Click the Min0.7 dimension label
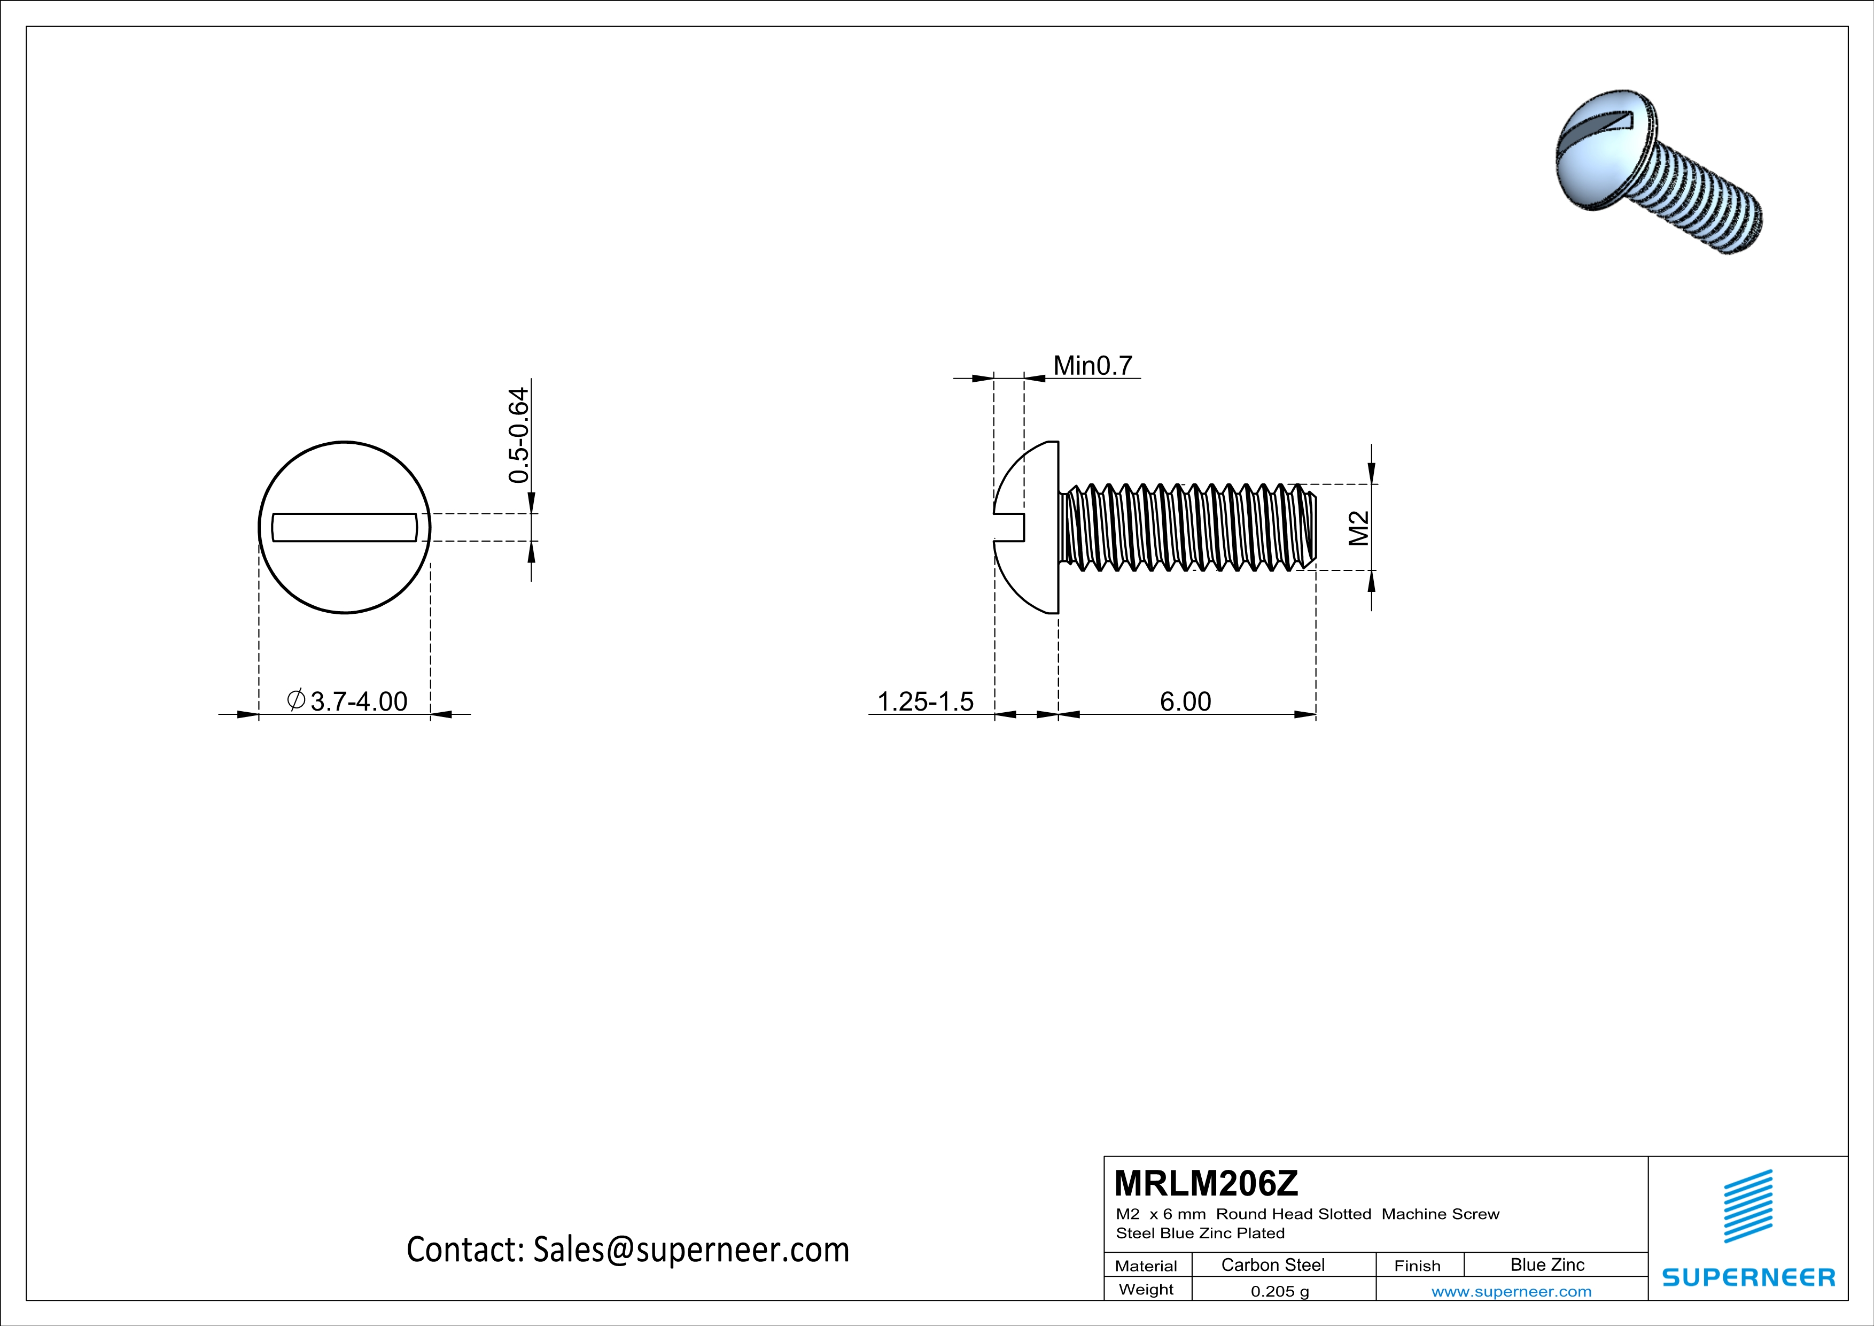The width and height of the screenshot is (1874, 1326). (x=1093, y=366)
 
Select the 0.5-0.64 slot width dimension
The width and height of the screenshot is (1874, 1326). (x=519, y=435)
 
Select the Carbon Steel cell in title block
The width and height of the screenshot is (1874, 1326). (x=1272, y=1265)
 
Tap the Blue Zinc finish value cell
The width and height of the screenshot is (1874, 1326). (x=1546, y=1265)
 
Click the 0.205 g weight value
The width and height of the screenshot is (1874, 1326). (x=1279, y=1291)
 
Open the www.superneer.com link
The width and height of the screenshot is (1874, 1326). (x=1511, y=1291)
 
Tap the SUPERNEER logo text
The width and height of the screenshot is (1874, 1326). (x=1748, y=1277)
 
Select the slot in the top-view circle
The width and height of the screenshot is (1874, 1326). (x=345, y=528)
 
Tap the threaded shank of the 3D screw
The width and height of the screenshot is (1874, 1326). (x=1706, y=204)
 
